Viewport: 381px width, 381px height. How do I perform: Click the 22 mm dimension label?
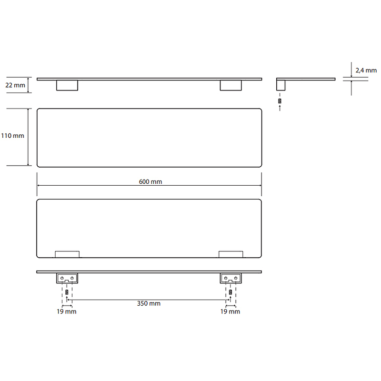tap(15, 85)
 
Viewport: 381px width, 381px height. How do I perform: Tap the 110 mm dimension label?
tap(13, 136)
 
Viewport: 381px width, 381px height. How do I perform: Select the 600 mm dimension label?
tap(150, 181)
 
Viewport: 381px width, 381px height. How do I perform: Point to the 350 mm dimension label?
tap(149, 303)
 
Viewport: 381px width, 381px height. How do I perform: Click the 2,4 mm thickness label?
tap(366, 70)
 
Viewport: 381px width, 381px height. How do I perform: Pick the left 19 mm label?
tap(66, 311)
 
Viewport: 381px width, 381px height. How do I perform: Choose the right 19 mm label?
tap(230, 311)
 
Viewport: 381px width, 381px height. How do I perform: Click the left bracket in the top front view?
tap(67, 85)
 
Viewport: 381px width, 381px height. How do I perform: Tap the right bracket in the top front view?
tap(231, 85)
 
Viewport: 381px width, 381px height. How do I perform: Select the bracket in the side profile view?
tap(281, 85)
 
